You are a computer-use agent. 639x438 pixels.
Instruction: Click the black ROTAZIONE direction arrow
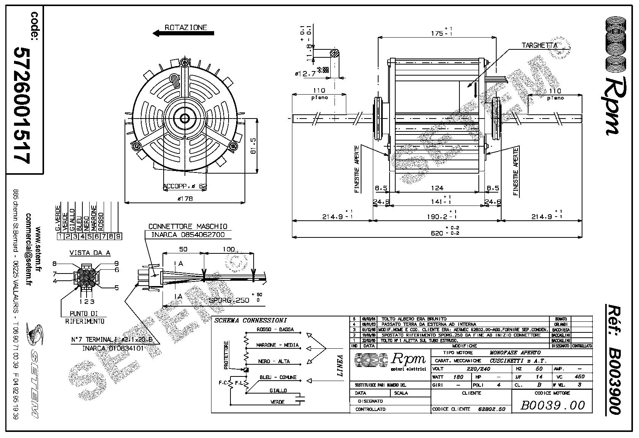183,33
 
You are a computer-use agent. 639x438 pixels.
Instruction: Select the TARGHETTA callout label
539,46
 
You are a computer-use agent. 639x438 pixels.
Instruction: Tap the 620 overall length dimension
437,232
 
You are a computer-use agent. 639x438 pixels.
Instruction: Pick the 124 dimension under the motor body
437,188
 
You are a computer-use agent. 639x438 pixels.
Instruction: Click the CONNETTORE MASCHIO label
188,226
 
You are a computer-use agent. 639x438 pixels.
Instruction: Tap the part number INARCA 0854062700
188,235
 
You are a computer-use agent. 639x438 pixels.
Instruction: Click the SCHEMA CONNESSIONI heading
251,321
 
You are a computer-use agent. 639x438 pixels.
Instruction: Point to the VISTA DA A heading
90,253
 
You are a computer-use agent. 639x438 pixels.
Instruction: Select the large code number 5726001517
22,104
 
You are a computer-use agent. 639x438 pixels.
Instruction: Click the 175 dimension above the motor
437,33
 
